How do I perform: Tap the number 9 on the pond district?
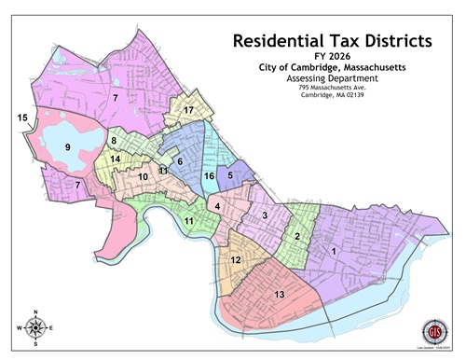coord(67,147)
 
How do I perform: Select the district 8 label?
coord(113,141)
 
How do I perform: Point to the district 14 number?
coord(116,159)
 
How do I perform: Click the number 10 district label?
coord(144,176)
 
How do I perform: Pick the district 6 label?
coord(180,161)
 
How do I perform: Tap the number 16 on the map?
coord(210,176)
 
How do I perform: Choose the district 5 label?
coord(230,174)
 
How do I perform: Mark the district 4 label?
coord(216,205)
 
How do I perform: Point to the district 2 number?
coord(296,235)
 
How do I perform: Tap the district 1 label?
coord(334,250)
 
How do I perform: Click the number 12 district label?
coord(236,260)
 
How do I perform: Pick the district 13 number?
coord(279,295)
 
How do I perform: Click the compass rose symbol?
coord(35,327)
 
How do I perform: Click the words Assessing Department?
coord(330,81)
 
